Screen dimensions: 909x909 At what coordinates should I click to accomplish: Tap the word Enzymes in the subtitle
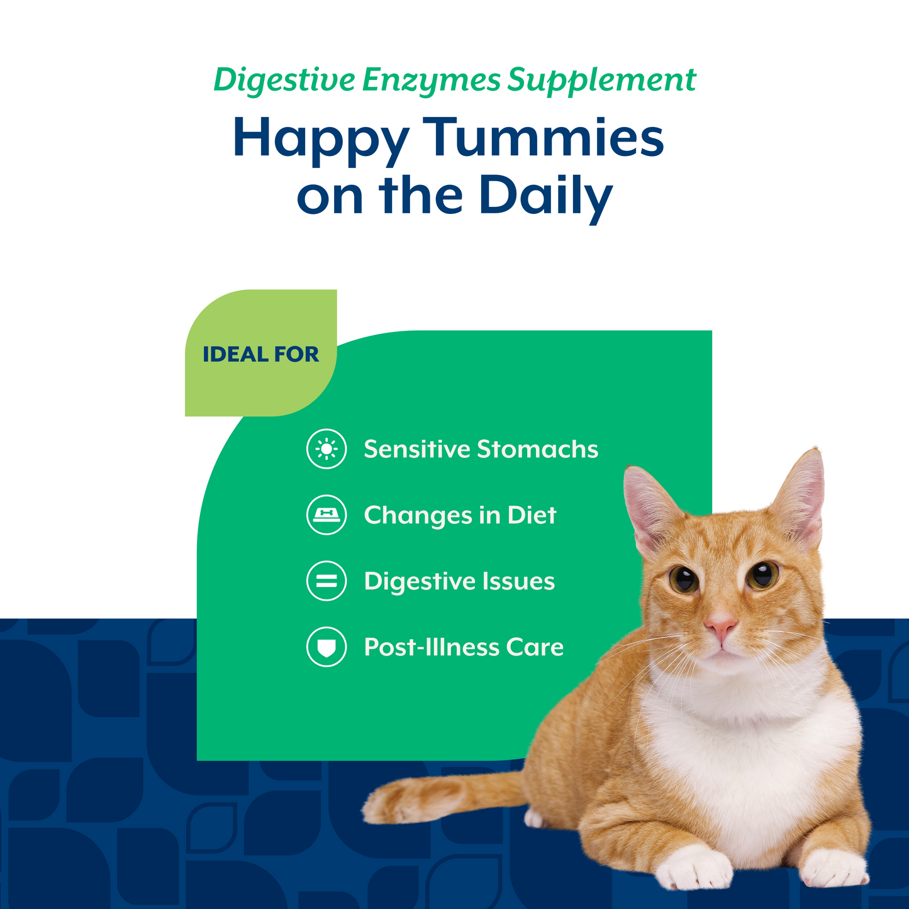(x=432, y=81)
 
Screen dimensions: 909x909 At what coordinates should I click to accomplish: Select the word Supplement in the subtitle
(x=601, y=81)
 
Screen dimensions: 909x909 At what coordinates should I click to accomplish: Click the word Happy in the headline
(x=320, y=138)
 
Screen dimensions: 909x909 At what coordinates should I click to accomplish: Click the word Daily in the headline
(x=545, y=196)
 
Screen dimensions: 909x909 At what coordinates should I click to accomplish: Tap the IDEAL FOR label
(x=260, y=354)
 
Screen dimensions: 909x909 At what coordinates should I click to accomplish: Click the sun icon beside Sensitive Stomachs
(x=326, y=449)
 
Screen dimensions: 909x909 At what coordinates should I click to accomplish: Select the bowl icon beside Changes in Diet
(x=326, y=515)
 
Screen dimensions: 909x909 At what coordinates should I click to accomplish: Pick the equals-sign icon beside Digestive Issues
(x=326, y=581)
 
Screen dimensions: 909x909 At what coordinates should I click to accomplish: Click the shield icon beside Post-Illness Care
(x=326, y=647)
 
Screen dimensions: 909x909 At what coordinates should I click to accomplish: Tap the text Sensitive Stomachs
(x=481, y=449)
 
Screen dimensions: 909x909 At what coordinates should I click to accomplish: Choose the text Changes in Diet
(x=460, y=515)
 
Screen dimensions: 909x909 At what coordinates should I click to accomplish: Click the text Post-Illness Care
(x=464, y=647)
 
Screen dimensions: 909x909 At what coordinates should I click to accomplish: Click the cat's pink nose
(x=720, y=625)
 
